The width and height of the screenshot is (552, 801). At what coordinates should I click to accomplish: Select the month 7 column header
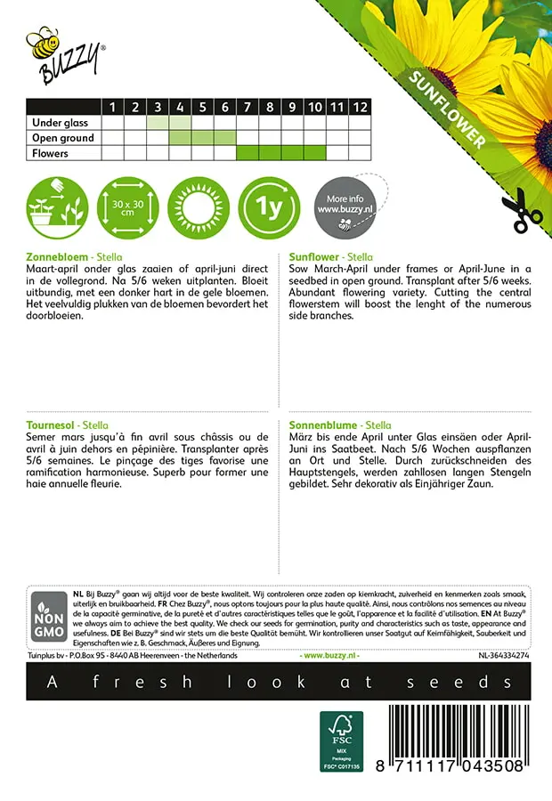point(247,107)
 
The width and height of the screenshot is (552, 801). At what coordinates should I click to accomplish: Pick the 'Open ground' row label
point(63,138)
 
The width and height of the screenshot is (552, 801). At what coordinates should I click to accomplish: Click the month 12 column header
point(359,107)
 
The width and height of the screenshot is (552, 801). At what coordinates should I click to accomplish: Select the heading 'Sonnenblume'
point(325,425)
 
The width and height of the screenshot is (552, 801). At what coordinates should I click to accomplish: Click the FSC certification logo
point(341,740)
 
